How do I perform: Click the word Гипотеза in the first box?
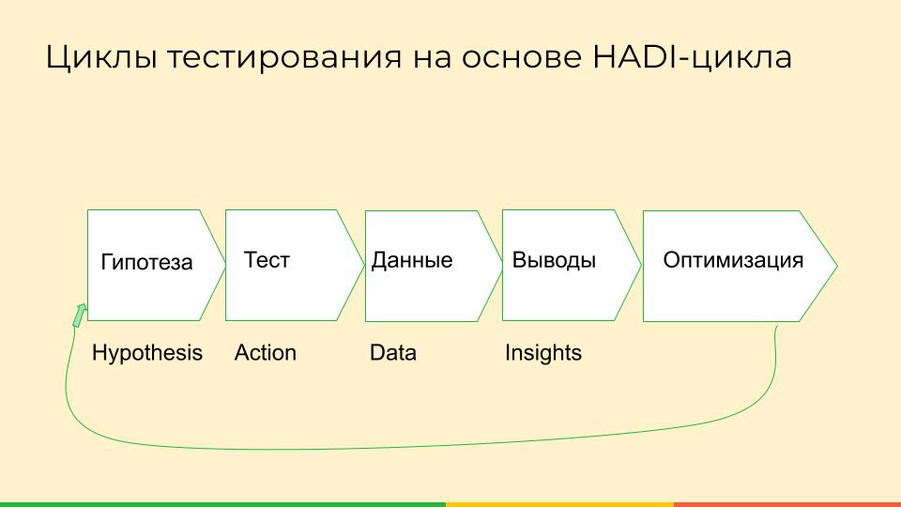pyautogui.click(x=146, y=262)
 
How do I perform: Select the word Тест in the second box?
pyautogui.click(x=267, y=260)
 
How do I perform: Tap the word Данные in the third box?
pyautogui.click(x=412, y=260)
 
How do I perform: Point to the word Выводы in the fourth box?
pyautogui.click(x=554, y=260)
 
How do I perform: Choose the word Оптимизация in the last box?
pyautogui.click(x=733, y=260)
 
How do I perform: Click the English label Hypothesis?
pyautogui.click(x=147, y=353)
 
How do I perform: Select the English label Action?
pyautogui.click(x=266, y=352)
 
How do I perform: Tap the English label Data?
pyautogui.click(x=393, y=352)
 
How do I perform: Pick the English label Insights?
pyautogui.click(x=543, y=353)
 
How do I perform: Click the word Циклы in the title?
pyautogui.click(x=101, y=57)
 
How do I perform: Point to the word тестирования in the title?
pyautogui.click(x=284, y=58)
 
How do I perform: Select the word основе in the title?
pyautogui.click(x=521, y=58)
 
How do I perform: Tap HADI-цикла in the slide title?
pyautogui.click(x=693, y=57)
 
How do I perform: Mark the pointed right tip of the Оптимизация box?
pyautogui.click(x=837, y=266)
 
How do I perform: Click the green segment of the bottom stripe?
pyautogui.click(x=223, y=505)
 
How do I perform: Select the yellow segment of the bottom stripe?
pyautogui.click(x=559, y=505)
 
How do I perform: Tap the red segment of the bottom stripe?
pyautogui.click(x=787, y=505)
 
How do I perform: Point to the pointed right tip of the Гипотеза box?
pyautogui.click(x=224, y=265)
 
